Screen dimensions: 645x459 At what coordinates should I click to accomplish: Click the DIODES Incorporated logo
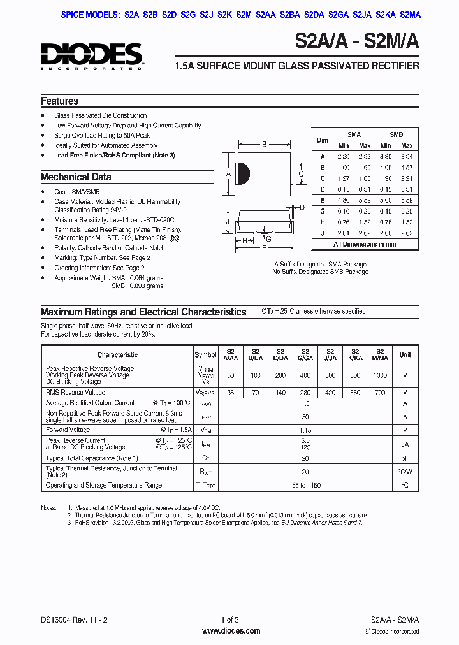pyautogui.click(x=91, y=55)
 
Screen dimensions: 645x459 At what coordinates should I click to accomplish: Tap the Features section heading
pyautogui.click(x=59, y=101)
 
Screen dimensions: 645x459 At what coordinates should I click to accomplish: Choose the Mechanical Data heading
pyautogui.click(x=76, y=177)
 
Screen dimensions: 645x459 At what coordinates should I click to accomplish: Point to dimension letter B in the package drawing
pyautogui.click(x=264, y=145)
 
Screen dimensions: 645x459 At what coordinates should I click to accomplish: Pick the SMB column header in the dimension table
pyautogui.click(x=396, y=134)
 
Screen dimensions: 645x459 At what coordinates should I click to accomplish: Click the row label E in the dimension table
pyautogui.click(x=323, y=199)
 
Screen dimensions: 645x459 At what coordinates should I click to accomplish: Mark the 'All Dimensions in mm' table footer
pyautogui.click(x=365, y=244)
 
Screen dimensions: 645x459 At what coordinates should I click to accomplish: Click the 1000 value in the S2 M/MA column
pyautogui.click(x=380, y=375)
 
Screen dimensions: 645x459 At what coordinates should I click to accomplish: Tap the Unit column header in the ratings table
pyautogui.click(x=405, y=355)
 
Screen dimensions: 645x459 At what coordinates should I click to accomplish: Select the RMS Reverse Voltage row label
pyautogui.click(x=76, y=393)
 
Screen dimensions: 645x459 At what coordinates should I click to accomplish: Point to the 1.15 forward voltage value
pyautogui.click(x=305, y=430)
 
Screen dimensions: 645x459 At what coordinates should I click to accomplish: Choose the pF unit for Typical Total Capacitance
pyautogui.click(x=405, y=458)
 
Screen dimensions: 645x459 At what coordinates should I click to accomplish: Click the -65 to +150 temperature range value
pyautogui.click(x=305, y=485)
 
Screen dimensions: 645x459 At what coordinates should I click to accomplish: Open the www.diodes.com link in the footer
pyautogui.click(x=231, y=631)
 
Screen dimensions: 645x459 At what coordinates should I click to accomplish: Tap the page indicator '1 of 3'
pyautogui.click(x=229, y=620)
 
